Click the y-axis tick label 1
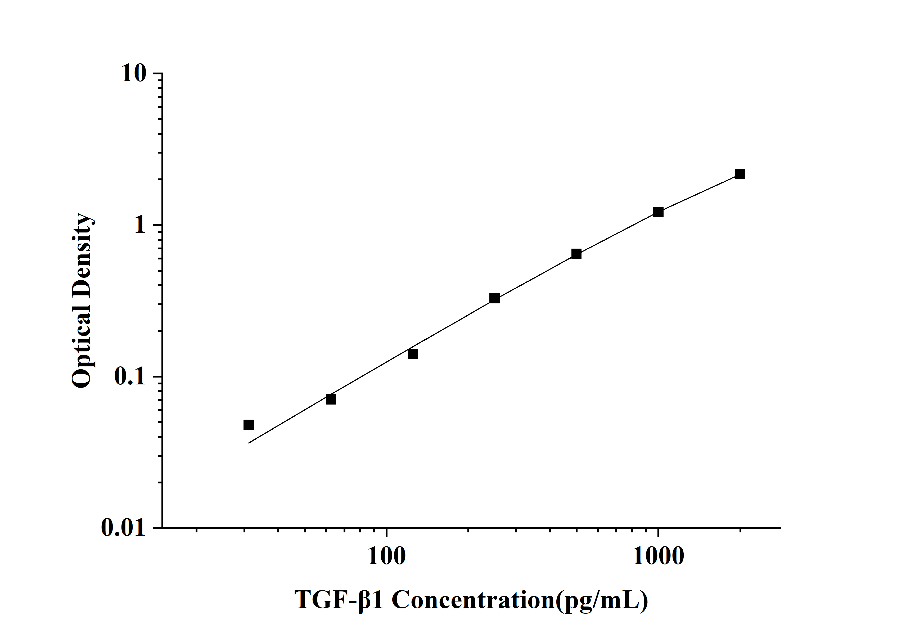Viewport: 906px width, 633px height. click(x=140, y=225)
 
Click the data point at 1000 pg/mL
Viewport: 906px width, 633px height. click(x=658, y=212)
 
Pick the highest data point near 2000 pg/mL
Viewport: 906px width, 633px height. click(x=740, y=174)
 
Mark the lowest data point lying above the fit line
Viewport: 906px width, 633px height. click(x=248, y=425)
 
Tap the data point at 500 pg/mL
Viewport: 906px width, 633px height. click(x=576, y=254)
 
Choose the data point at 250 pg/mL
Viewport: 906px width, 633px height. click(x=494, y=298)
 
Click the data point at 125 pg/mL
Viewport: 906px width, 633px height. click(x=412, y=354)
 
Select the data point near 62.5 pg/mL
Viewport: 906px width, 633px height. click(x=331, y=399)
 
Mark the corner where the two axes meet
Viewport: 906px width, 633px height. click(x=163, y=527)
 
